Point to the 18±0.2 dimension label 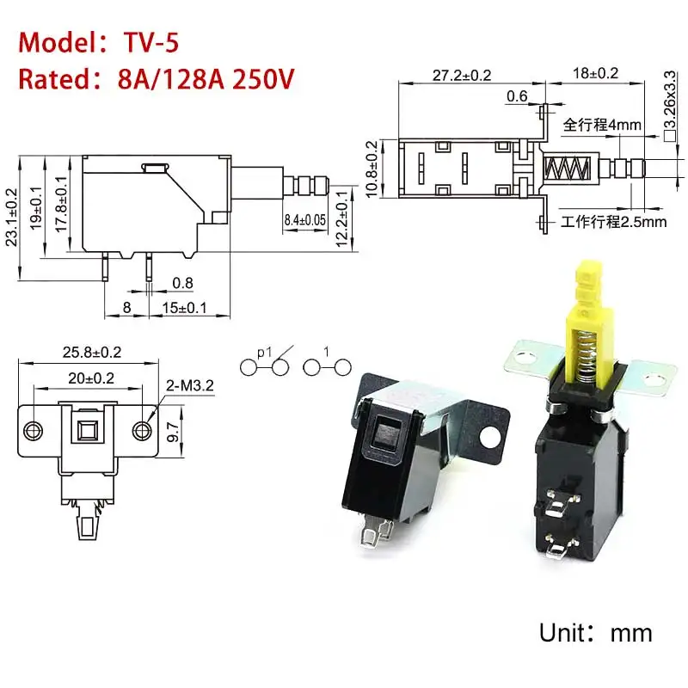(x=595, y=75)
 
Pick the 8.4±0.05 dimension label (x=305, y=221)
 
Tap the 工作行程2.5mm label (x=613, y=223)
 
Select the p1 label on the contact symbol (x=263, y=350)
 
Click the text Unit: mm (x=595, y=634)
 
